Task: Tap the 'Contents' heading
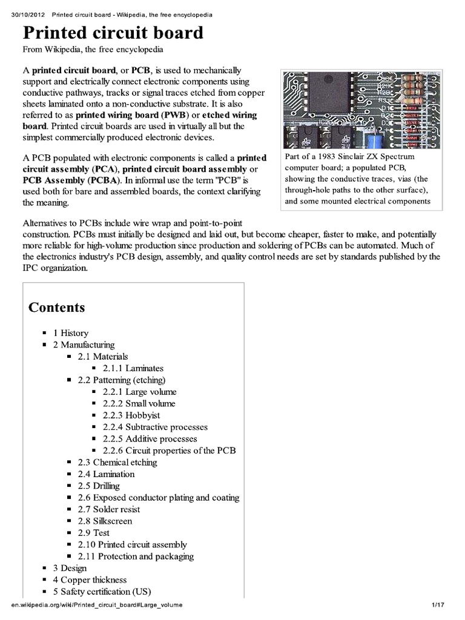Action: [x=57, y=307]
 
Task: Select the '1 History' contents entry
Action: [x=70, y=333]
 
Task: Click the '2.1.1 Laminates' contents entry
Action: [x=133, y=368]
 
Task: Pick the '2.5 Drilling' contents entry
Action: [x=98, y=486]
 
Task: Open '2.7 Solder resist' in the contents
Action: [x=108, y=509]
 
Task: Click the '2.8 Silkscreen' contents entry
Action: [x=104, y=521]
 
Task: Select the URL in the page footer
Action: [x=96, y=605]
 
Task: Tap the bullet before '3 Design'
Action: [x=44, y=568]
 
